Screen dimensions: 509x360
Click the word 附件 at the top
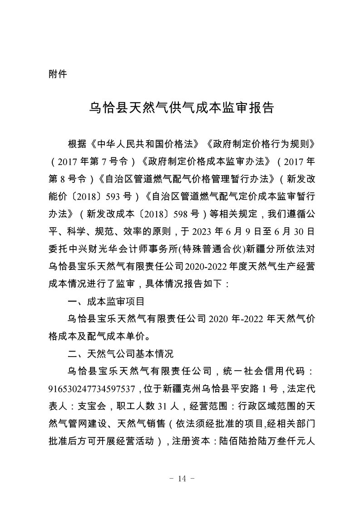pyautogui.click(x=57, y=74)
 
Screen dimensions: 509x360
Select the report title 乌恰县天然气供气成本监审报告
pyautogui.click(x=180, y=109)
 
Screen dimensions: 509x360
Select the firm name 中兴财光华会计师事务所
pyautogui.click(x=126, y=249)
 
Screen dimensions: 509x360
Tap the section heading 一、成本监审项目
pyautogui.click(x=105, y=300)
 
